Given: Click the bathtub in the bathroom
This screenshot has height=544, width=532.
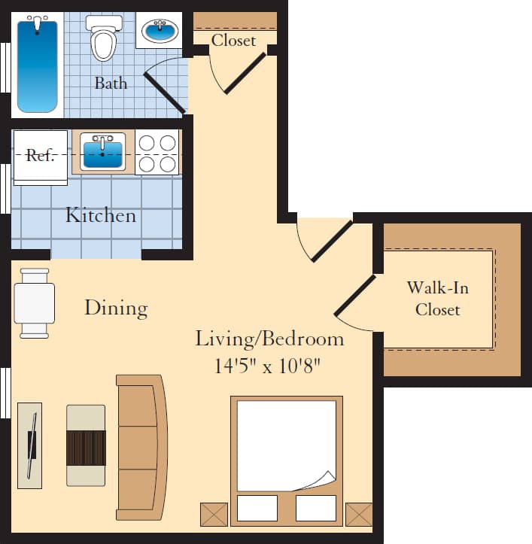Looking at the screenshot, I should (37, 65).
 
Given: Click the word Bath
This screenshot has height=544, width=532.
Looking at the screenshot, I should (111, 84).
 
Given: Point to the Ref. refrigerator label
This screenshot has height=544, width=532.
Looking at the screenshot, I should (40, 156).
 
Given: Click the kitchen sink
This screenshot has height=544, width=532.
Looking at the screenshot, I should (102, 152).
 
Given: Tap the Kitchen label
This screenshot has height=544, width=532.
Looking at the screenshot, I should (101, 216).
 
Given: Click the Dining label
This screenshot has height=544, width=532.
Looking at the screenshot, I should (115, 308).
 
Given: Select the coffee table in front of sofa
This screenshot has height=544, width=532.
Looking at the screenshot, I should (86, 445).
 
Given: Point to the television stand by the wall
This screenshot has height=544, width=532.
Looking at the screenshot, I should (29, 445).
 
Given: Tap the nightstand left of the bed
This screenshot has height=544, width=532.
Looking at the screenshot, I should (213, 514).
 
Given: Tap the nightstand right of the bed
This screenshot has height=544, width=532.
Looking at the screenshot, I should (358, 514).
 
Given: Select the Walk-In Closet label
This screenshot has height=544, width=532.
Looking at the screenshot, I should (437, 298).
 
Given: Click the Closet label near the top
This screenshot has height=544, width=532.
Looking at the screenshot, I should (233, 41).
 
